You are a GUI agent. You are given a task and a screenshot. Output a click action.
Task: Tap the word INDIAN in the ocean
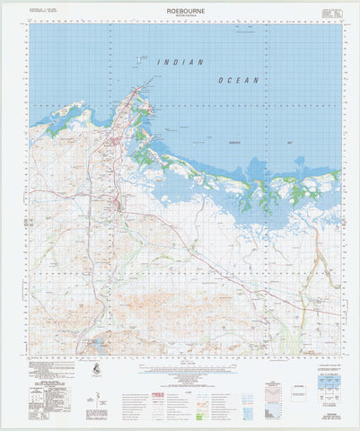(180, 63)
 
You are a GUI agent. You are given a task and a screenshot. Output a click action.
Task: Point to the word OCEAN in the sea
(238, 80)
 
